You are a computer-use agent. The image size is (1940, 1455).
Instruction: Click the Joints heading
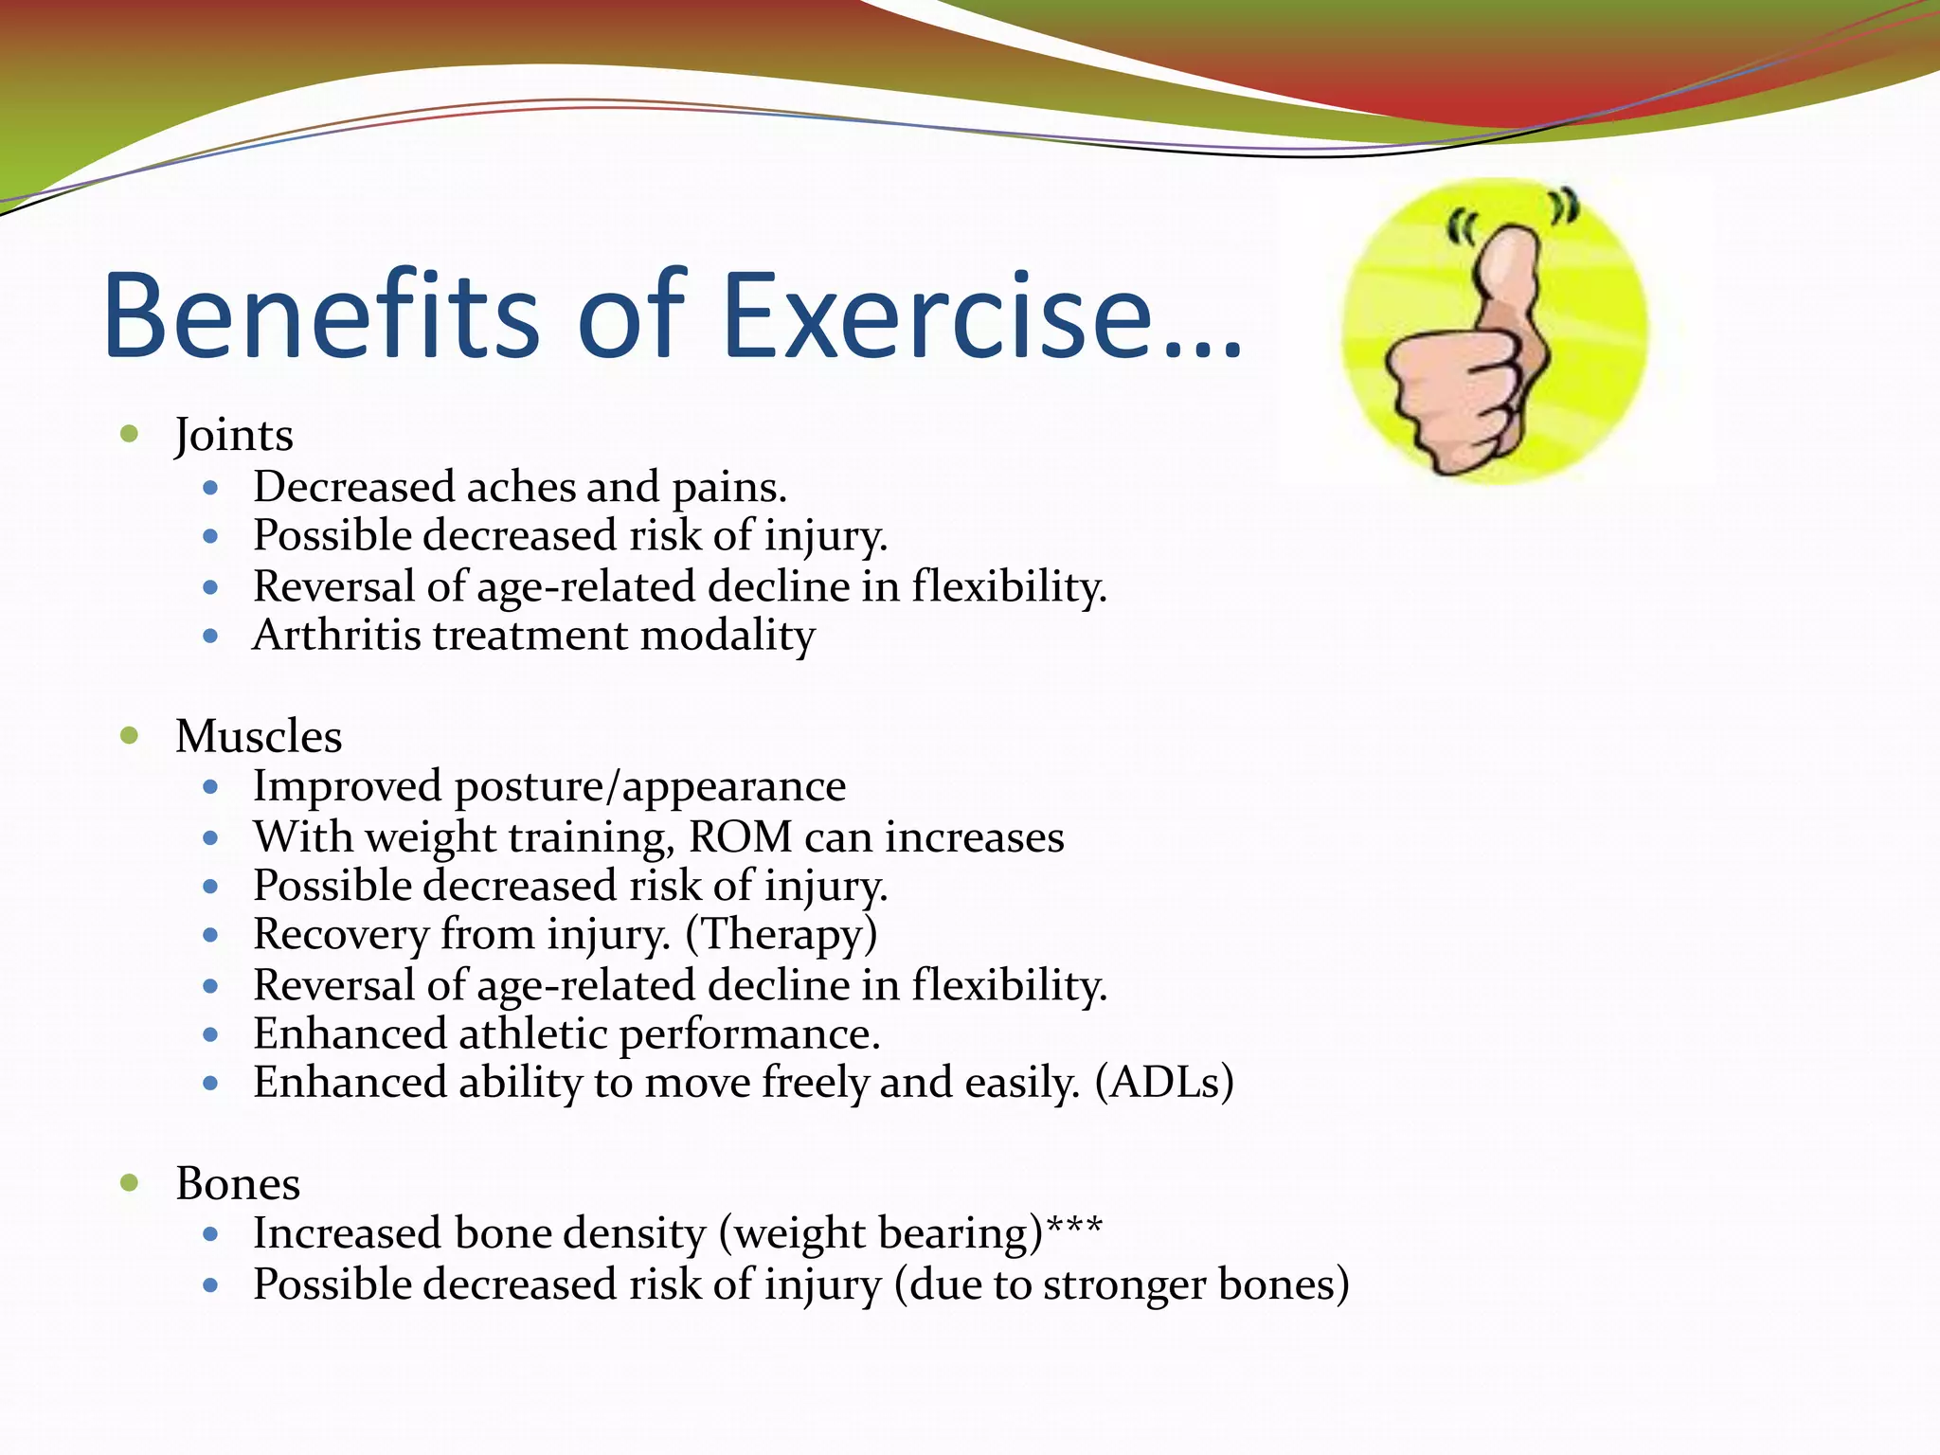click(234, 436)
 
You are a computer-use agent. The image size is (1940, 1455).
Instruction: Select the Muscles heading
click(259, 737)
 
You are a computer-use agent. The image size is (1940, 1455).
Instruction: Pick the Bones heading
click(238, 1184)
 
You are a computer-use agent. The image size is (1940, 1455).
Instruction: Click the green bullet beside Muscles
click(130, 736)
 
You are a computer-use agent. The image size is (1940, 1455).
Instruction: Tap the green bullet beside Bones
click(130, 1183)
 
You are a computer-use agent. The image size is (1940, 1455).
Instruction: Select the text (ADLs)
click(1164, 1083)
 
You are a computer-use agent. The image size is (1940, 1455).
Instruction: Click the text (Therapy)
click(781, 935)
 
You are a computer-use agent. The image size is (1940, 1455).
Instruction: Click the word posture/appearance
click(650, 787)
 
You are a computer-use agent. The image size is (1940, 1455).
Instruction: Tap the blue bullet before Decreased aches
click(211, 489)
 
